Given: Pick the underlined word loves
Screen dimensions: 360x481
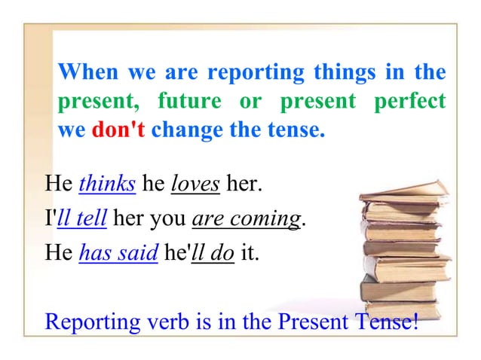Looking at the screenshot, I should [x=196, y=184].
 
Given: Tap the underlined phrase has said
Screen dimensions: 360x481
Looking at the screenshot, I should [x=118, y=256].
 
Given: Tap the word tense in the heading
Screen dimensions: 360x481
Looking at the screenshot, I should [x=299, y=130].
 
